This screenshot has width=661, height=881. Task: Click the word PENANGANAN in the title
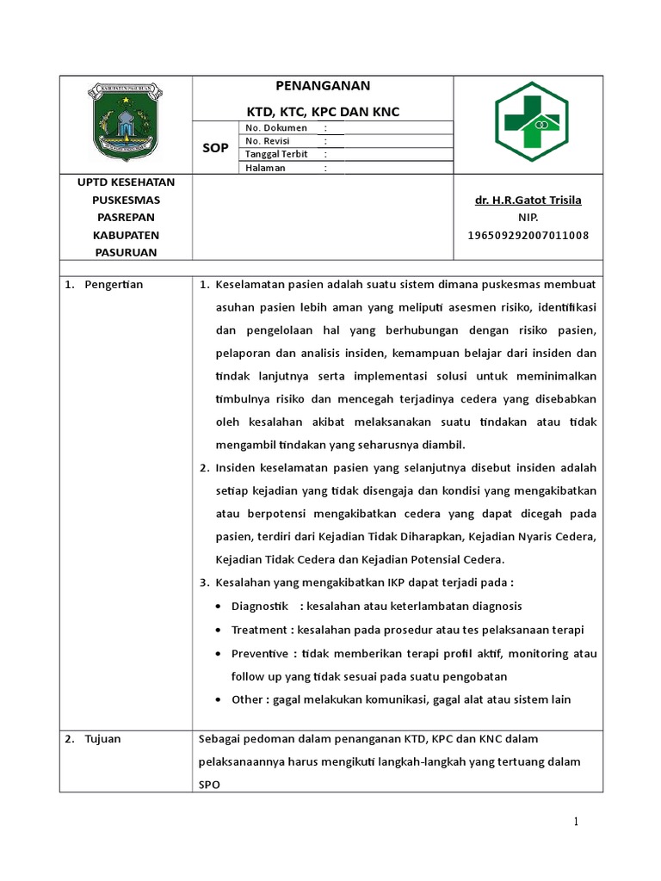tap(322, 86)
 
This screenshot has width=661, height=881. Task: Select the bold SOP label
tap(215, 148)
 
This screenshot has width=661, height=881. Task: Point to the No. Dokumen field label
tap(276, 128)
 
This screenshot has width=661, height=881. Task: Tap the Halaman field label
tap(265, 168)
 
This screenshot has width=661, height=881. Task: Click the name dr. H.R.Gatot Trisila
tap(528, 200)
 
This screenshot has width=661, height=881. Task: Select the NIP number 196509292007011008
tap(528, 235)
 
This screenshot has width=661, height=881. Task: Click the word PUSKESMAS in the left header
tap(126, 200)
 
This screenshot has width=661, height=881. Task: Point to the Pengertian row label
tap(114, 285)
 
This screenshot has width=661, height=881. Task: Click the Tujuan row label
tap(103, 739)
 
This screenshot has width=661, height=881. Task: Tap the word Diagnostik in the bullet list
tap(259, 607)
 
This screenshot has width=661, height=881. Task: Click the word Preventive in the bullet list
tap(260, 653)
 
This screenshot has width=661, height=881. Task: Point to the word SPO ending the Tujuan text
tap(209, 786)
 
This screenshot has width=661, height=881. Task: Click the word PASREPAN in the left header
tap(126, 217)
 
